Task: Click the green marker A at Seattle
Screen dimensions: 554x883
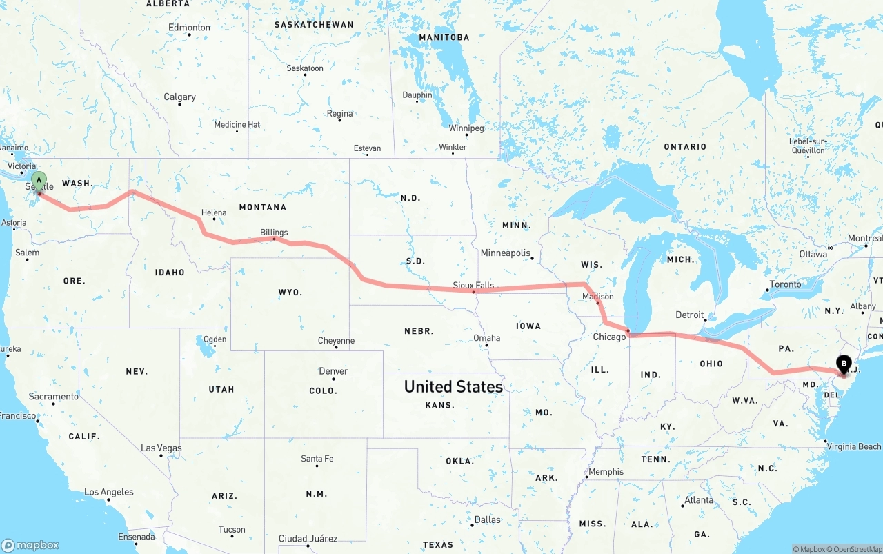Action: pyautogui.click(x=39, y=181)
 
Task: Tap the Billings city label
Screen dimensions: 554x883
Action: pyautogui.click(x=274, y=233)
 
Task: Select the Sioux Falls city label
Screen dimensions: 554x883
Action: pyautogui.click(x=473, y=285)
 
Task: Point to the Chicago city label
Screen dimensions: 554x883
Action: pyautogui.click(x=609, y=337)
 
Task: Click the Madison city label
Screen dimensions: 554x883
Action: pyautogui.click(x=597, y=296)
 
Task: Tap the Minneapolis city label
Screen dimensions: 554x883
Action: pyautogui.click(x=505, y=253)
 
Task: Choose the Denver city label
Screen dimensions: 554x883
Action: pyautogui.click(x=333, y=371)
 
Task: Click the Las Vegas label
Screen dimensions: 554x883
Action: pyautogui.click(x=161, y=448)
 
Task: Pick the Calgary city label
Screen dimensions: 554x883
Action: pyautogui.click(x=179, y=97)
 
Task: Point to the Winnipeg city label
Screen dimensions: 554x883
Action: pyautogui.click(x=466, y=128)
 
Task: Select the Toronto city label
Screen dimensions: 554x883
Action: pyautogui.click(x=785, y=284)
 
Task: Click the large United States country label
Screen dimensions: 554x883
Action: pyautogui.click(x=453, y=386)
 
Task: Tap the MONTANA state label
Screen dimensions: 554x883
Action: pyautogui.click(x=262, y=207)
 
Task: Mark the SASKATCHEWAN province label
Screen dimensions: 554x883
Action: pyautogui.click(x=314, y=24)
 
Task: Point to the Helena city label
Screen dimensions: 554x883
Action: pyautogui.click(x=214, y=212)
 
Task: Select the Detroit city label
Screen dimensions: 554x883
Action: pyautogui.click(x=689, y=315)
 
